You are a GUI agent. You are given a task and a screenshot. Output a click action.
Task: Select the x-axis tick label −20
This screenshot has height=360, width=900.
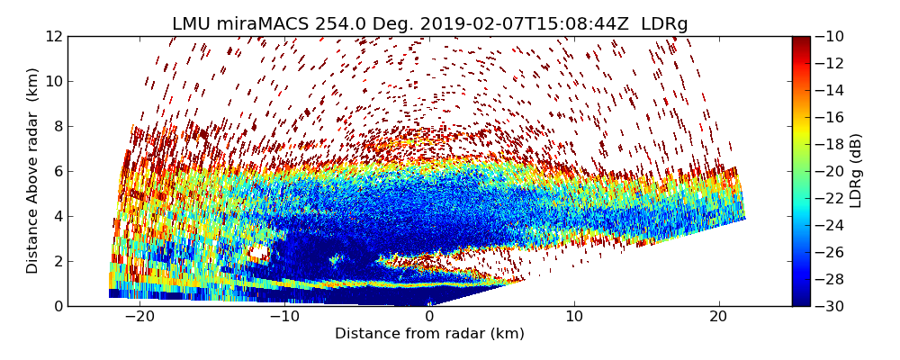pyautogui.click(x=139, y=318)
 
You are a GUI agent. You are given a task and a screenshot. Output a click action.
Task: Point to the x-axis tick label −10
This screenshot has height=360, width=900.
pyautogui.click(x=284, y=318)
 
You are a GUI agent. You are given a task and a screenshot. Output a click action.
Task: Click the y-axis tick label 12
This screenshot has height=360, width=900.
pyautogui.click(x=53, y=36)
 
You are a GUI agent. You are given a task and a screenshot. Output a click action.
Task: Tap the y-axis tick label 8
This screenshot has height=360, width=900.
pyautogui.click(x=57, y=126)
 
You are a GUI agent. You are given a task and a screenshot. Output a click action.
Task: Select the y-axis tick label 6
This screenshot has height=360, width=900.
pyautogui.click(x=57, y=171)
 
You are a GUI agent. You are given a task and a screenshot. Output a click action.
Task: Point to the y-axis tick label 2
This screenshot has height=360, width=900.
pyautogui.click(x=57, y=261)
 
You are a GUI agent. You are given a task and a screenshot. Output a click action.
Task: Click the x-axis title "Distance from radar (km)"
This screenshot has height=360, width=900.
pyautogui.click(x=429, y=334)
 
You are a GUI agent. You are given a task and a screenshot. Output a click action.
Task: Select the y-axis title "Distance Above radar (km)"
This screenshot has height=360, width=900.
pyautogui.click(x=33, y=170)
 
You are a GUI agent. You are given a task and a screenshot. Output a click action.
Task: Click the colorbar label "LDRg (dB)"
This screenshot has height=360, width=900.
pyautogui.click(x=856, y=170)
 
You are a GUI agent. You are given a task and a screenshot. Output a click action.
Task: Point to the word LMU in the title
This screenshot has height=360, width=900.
pyautogui.click(x=191, y=24)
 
